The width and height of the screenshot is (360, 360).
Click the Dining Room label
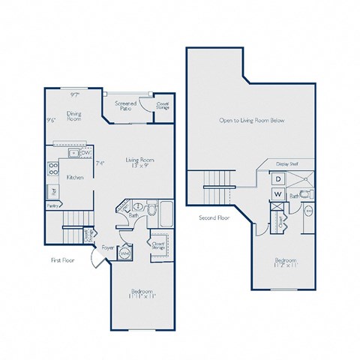(73, 116)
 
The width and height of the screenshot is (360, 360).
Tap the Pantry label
(52, 204)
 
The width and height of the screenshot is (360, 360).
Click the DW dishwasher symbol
(87, 153)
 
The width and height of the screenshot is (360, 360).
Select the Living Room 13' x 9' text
(139, 161)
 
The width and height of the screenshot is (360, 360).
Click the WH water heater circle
(125, 253)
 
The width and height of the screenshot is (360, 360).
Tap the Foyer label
(108, 244)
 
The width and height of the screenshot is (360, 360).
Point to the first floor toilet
(152, 211)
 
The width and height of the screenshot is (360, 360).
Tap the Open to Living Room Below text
(252, 120)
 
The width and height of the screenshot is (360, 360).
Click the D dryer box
(276, 179)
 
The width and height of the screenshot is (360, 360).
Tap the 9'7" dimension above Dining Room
(74, 95)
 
